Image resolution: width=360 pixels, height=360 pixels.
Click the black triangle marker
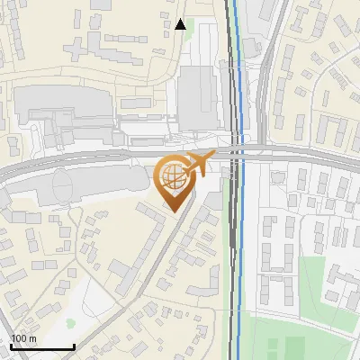pos(182,24)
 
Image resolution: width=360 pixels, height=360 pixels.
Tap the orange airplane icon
pos(199,165)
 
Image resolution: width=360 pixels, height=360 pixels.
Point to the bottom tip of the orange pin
pos(172,211)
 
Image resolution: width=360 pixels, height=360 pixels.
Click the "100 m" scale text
pos(23,338)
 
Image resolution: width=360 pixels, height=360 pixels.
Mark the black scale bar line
pos(42,346)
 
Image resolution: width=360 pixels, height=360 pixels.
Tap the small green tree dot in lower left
pos(70,322)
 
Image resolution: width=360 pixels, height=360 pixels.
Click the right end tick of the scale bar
pos(74,346)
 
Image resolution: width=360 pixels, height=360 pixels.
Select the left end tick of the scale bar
pos(11,346)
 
